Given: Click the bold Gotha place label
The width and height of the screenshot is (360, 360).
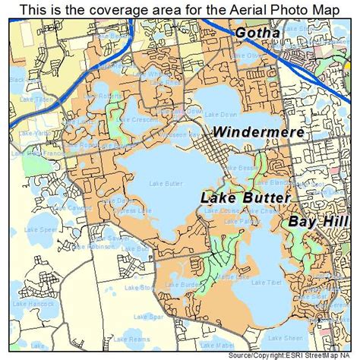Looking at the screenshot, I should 257,33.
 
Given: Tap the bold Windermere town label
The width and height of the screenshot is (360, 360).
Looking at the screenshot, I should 258,131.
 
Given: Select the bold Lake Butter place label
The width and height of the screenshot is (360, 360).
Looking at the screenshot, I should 245,197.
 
